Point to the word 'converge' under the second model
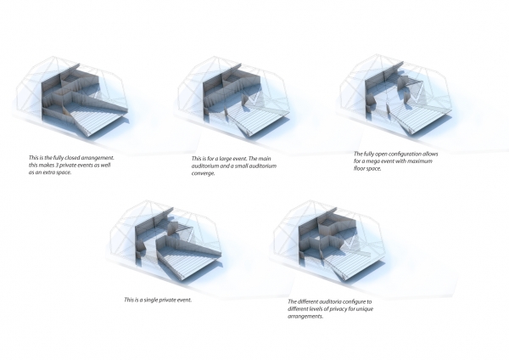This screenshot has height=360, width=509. [203, 173]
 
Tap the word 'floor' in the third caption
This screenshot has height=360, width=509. [361, 169]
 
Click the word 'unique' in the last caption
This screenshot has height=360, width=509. [365, 309]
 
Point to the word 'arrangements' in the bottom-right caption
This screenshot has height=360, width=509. [305, 317]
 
